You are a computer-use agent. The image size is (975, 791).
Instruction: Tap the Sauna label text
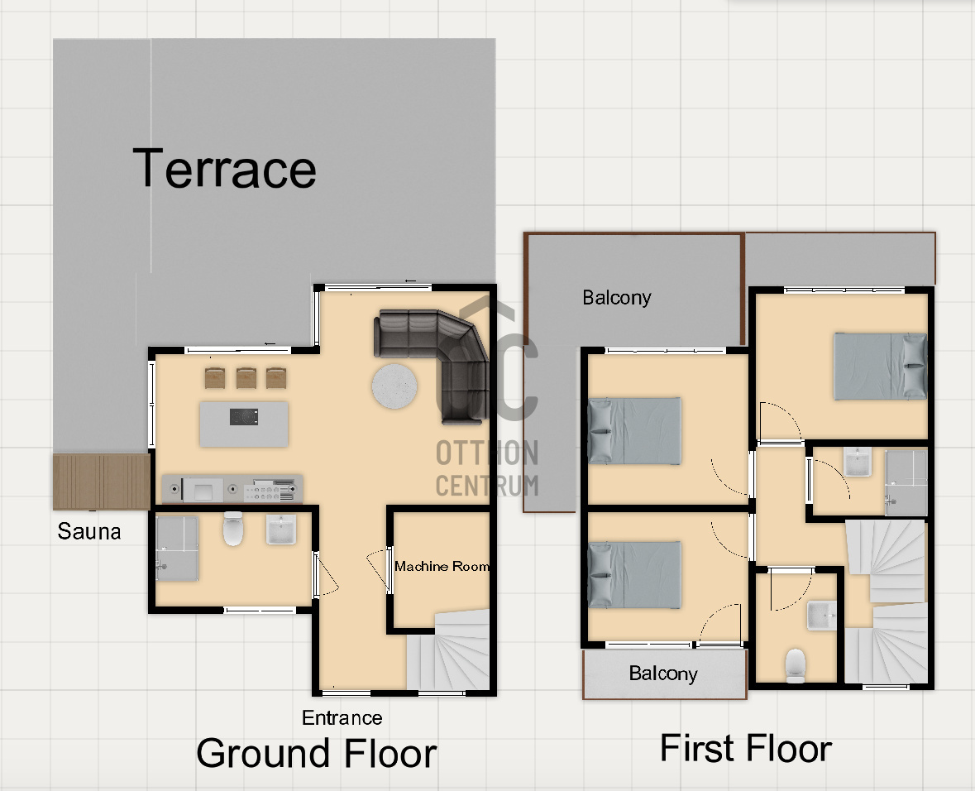(x=89, y=531)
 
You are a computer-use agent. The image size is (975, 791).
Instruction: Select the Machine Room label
(x=442, y=566)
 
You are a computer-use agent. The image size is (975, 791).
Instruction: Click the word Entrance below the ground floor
(x=342, y=717)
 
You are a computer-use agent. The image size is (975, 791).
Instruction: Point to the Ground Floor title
(x=317, y=753)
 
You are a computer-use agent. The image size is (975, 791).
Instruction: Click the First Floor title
(x=746, y=747)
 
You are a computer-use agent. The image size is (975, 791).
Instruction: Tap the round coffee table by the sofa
(x=394, y=386)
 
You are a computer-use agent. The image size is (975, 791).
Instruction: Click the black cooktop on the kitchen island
(x=244, y=416)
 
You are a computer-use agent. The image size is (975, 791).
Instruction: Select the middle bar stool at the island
(x=246, y=378)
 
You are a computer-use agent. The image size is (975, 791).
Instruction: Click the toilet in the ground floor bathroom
(x=233, y=529)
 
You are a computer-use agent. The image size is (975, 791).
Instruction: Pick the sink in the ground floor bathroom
(x=281, y=530)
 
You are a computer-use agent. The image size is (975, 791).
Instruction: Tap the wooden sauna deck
(x=102, y=482)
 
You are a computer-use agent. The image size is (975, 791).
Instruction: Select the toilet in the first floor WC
(x=796, y=665)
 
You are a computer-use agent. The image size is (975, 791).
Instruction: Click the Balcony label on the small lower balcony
(x=663, y=674)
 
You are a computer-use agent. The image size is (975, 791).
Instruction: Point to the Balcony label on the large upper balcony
(x=616, y=298)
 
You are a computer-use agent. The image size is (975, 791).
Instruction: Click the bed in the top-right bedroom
(x=881, y=367)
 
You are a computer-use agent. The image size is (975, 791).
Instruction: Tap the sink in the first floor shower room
(x=858, y=462)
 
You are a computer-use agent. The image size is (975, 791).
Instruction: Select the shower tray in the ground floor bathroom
(x=177, y=549)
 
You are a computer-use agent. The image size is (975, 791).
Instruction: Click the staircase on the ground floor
(x=448, y=650)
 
